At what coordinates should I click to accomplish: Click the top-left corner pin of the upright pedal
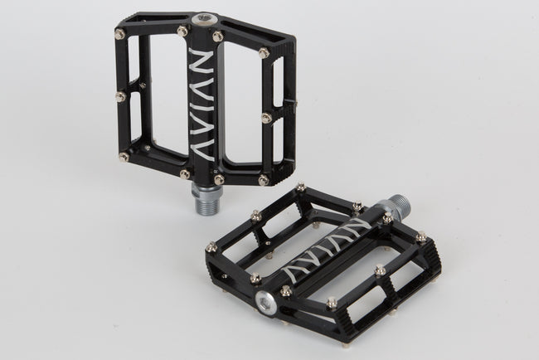click(x=121, y=32)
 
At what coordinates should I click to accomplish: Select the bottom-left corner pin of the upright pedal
click(x=124, y=156)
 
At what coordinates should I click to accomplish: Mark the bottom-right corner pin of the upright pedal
click(x=264, y=179)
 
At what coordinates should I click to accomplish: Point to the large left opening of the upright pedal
click(x=158, y=91)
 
